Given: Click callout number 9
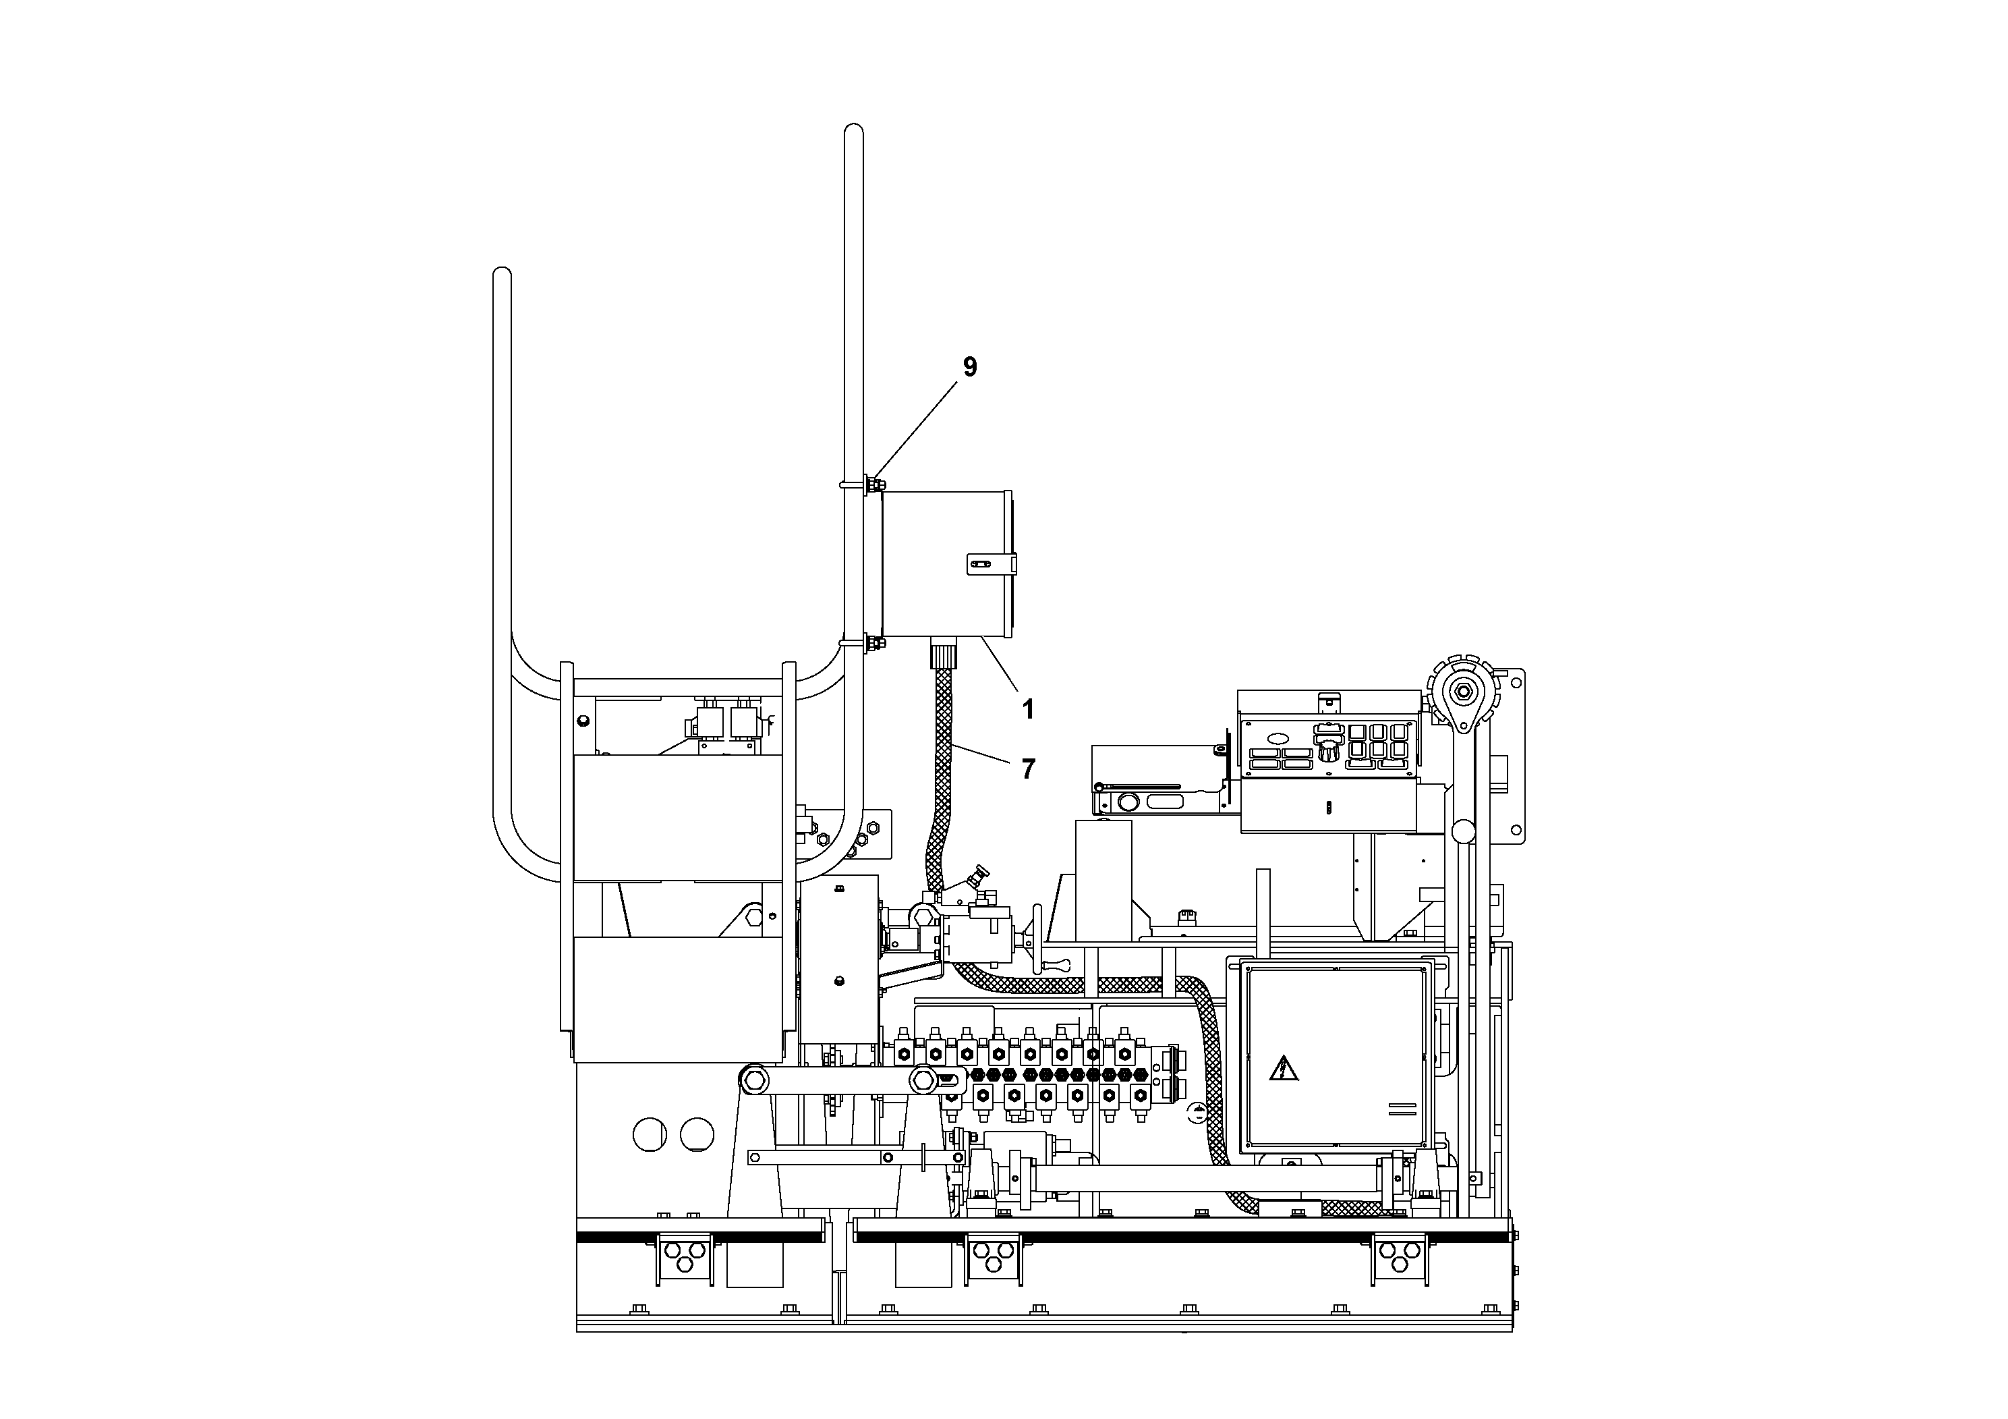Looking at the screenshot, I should (969, 368).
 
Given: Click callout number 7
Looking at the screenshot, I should (1028, 769).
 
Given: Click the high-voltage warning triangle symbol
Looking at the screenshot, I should (1283, 1069).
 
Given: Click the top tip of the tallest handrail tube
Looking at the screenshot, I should (853, 131).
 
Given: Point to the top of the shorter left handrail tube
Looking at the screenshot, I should (502, 274).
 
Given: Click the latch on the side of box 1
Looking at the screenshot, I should (991, 564).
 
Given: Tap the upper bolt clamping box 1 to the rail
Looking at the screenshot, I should (873, 484).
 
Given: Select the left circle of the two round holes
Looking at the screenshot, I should (650, 1135).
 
